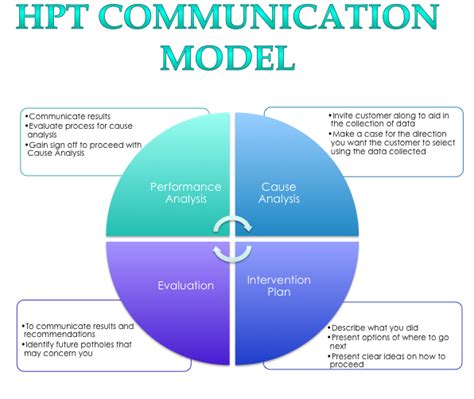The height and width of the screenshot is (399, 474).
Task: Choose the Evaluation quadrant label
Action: tap(185, 285)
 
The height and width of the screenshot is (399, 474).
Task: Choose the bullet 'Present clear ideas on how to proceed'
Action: tap(385, 360)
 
